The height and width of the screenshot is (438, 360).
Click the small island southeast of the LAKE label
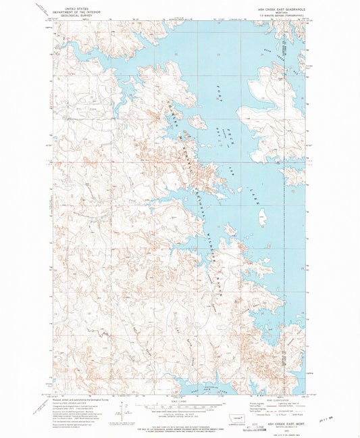pyautogui.click(x=263, y=216)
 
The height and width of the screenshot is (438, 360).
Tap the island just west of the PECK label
pyautogui.click(x=198, y=122)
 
